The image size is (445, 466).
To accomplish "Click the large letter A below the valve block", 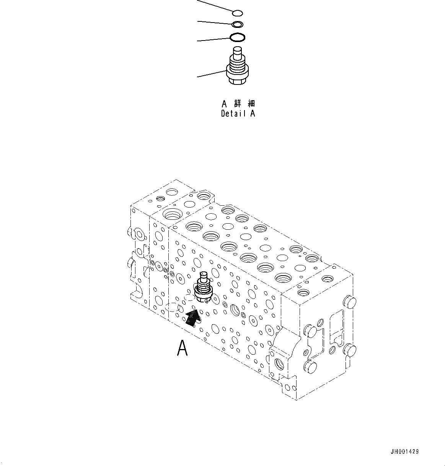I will point(183,348).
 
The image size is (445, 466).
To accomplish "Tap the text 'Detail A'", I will point(238,114).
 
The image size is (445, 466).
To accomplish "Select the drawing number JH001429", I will point(404,452).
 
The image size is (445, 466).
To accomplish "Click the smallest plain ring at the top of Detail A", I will point(237,13).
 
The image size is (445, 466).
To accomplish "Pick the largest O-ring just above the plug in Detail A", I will point(238,37).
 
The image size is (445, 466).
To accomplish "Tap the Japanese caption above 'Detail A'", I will point(238,104).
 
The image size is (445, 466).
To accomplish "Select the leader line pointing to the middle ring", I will point(214,23).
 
